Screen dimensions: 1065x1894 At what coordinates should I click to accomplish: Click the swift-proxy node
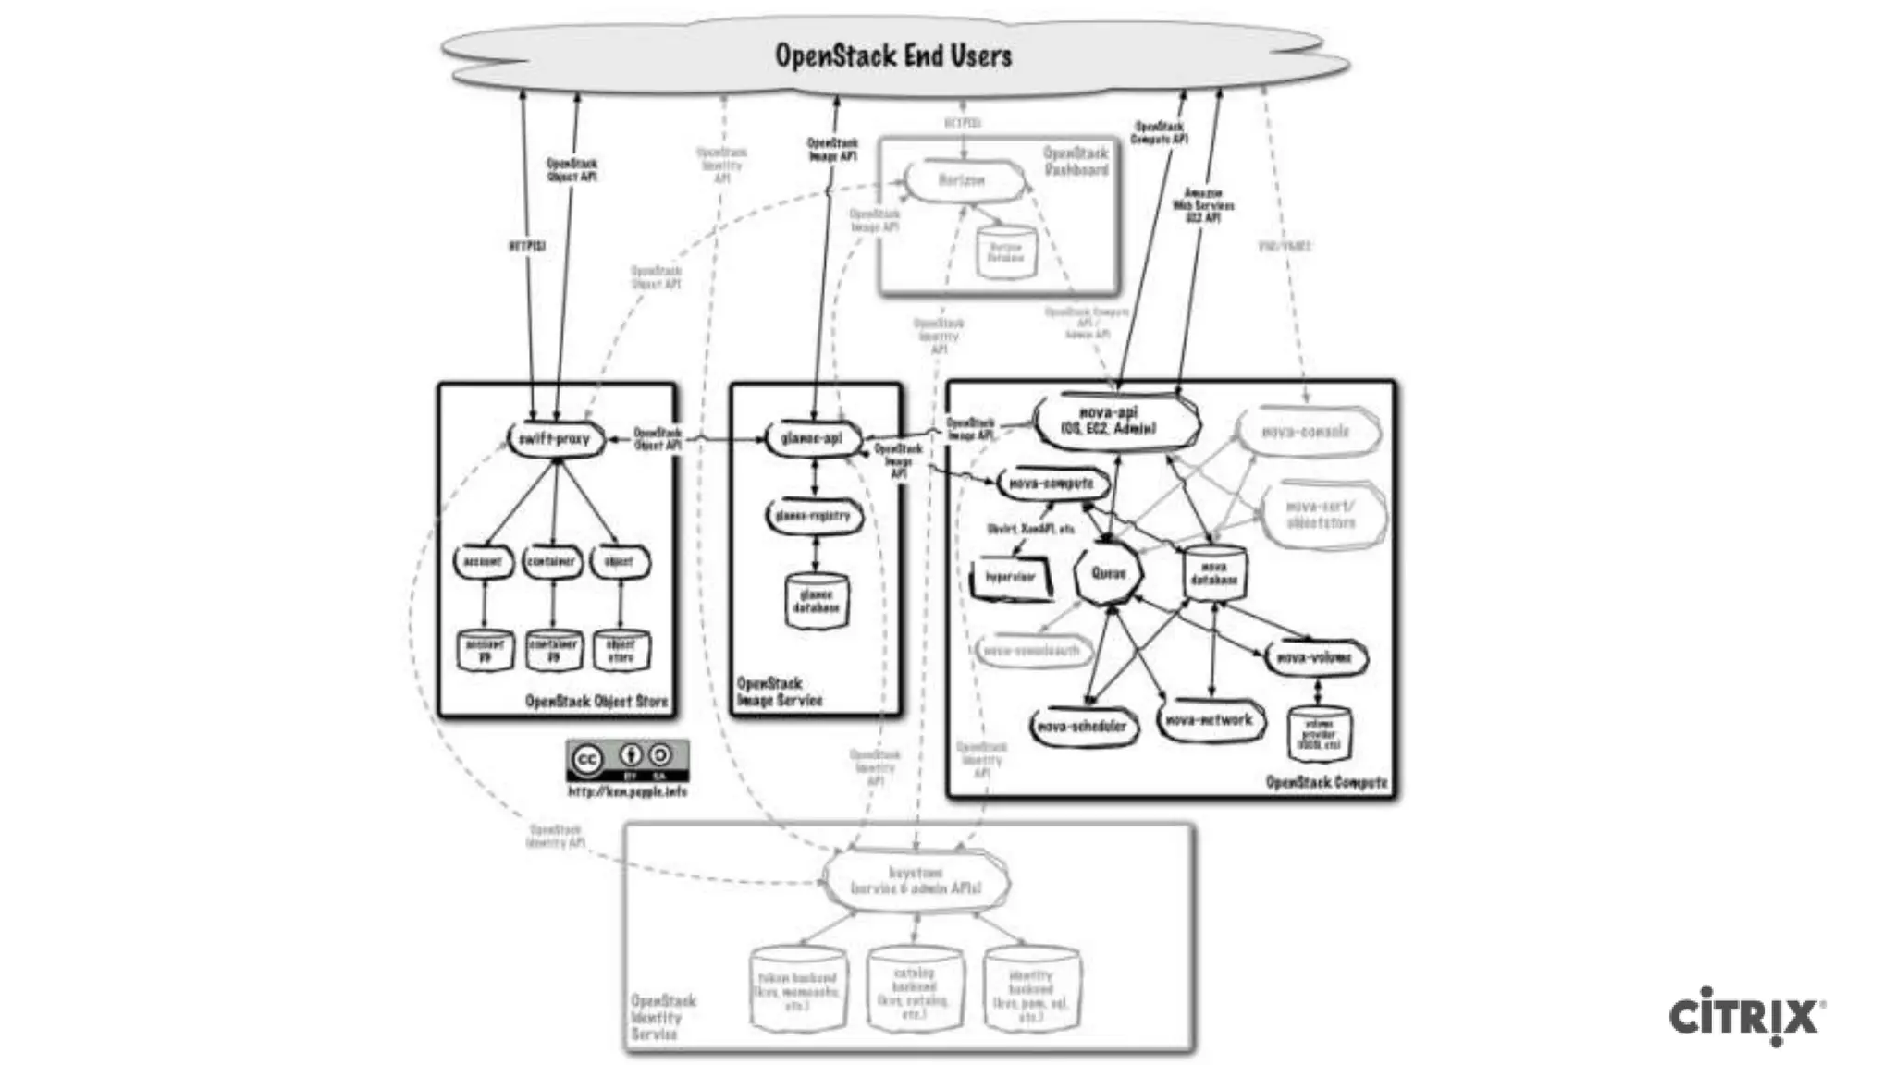coord(555,439)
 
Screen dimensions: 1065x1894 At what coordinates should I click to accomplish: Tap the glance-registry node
coord(814,516)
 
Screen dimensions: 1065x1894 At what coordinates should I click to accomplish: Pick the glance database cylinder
coord(816,602)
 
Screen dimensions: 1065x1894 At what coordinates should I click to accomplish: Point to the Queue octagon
coord(1108,573)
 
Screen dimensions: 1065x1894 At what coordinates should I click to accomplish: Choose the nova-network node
coord(1210,720)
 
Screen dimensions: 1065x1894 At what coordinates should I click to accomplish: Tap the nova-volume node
coord(1314,658)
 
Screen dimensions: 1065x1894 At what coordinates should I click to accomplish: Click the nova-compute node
coord(1051,484)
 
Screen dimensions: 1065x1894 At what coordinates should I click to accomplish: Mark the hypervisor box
coord(1010,578)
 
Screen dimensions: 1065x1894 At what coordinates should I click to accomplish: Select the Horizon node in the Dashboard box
coord(963,180)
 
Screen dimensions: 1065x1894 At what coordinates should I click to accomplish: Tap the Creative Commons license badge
coord(627,760)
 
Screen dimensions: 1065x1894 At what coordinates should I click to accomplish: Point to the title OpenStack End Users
coord(893,55)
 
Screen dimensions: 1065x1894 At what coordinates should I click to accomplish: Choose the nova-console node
coord(1306,432)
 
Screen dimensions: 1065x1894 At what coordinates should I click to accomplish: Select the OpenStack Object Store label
coord(596,702)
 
